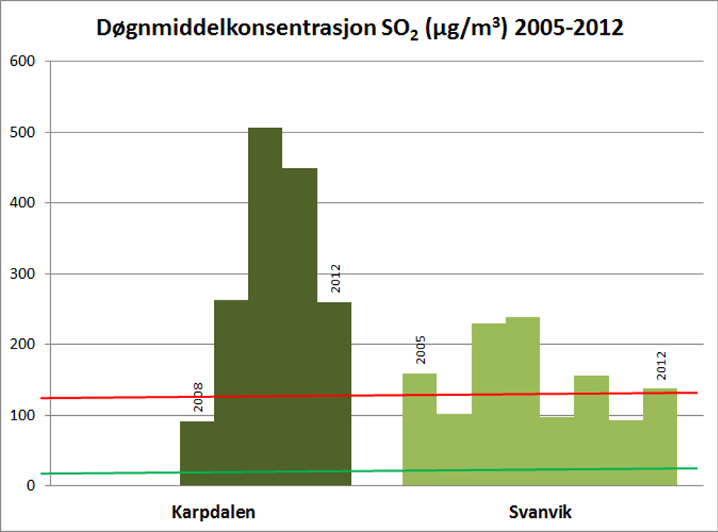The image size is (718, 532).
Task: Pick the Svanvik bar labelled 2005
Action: tap(419, 429)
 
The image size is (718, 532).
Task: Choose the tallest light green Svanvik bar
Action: tap(523, 400)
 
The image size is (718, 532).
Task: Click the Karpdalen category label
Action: tap(213, 512)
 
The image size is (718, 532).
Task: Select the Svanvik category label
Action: tap(536, 512)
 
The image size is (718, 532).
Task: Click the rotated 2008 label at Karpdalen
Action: tap(198, 397)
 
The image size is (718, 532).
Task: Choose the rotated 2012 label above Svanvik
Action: tap(662, 365)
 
